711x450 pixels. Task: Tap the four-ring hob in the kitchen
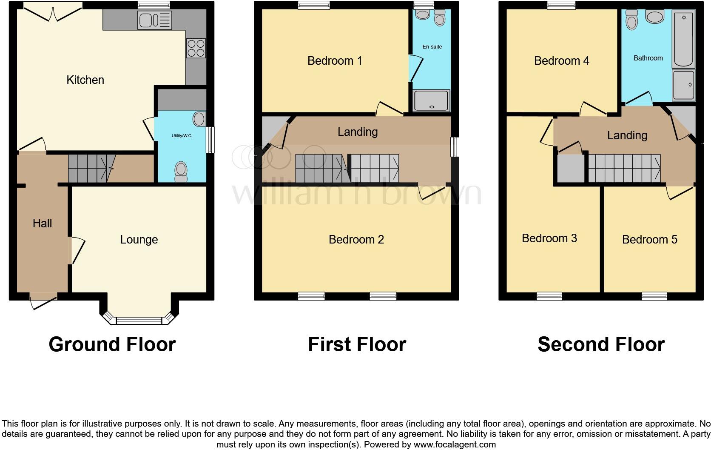click(196, 48)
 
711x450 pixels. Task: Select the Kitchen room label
click(85, 80)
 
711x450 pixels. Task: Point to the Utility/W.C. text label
click(182, 136)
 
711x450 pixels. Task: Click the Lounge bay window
click(139, 320)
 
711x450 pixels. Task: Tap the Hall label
click(42, 224)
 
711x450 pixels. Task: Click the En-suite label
click(432, 47)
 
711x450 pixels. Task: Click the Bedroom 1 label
click(335, 61)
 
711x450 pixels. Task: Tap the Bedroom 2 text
click(356, 240)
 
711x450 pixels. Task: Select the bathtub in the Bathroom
click(683, 39)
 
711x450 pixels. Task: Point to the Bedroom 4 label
click(561, 61)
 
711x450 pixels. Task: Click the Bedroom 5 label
click(649, 240)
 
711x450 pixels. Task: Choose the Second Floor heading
click(601, 344)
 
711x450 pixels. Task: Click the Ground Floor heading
click(112, 344)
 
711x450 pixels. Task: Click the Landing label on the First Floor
click(358, 132)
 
